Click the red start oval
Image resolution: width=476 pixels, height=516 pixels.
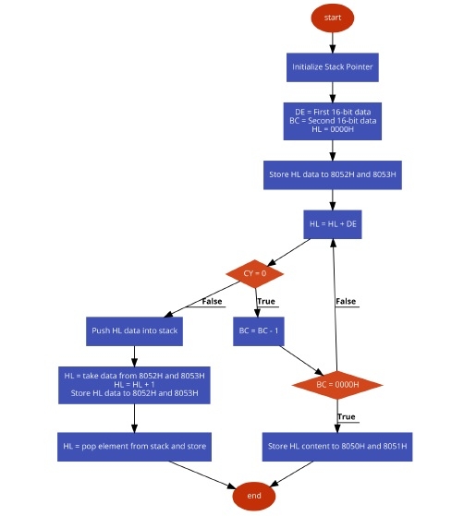(x=333, y=18)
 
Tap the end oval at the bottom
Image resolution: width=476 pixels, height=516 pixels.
(x=254, y=496)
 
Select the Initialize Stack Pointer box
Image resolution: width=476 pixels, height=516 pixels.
(x=333, y=67)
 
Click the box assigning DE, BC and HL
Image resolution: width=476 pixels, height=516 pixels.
(x=333, y=121)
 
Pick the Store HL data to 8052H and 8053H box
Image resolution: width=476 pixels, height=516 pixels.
(x=333, y=174)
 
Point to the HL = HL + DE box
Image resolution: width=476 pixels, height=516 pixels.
(x=333, y=224)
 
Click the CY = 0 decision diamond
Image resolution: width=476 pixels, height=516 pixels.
(x=254, y=273)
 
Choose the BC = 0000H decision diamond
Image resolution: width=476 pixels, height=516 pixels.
(x=337, y=385)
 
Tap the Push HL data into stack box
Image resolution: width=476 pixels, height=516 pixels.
(x=134, y=331)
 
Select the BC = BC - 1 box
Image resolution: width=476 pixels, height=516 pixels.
(x=259, y=331)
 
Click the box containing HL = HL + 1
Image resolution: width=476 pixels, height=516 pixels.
(x=134, y=385)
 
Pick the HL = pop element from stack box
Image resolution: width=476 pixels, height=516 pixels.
(x=134, y=447)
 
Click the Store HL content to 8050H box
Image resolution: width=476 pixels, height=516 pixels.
(x=337, y=447)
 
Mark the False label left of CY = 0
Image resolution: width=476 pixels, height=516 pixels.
(x=212, y=302)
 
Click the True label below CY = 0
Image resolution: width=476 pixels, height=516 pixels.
(x=266, y=302)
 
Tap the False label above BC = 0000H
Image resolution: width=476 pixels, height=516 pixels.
(x=346, y=302)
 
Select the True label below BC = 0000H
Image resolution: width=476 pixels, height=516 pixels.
(x=347, y=417)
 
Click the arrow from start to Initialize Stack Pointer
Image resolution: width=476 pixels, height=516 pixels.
(x=333, y=42)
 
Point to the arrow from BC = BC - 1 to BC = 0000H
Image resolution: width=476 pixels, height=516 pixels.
(x=301, y=360)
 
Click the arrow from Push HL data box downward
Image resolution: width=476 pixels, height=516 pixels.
(x=134, y=356)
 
